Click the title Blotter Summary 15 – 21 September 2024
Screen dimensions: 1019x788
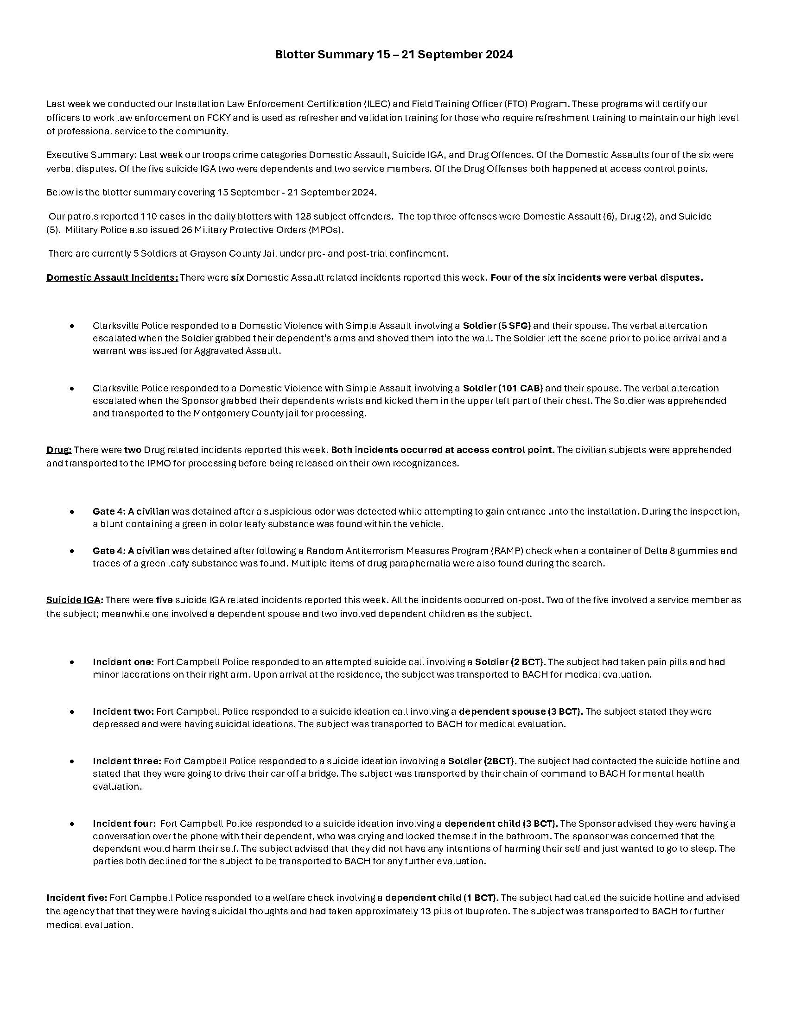[394, 55]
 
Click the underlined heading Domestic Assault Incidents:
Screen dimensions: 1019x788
[112, 277]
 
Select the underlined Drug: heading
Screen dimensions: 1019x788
[59, 450]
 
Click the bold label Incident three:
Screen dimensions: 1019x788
[127, 761]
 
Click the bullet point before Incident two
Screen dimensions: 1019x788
[72, 712]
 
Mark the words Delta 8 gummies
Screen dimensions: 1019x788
[685, 551]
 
